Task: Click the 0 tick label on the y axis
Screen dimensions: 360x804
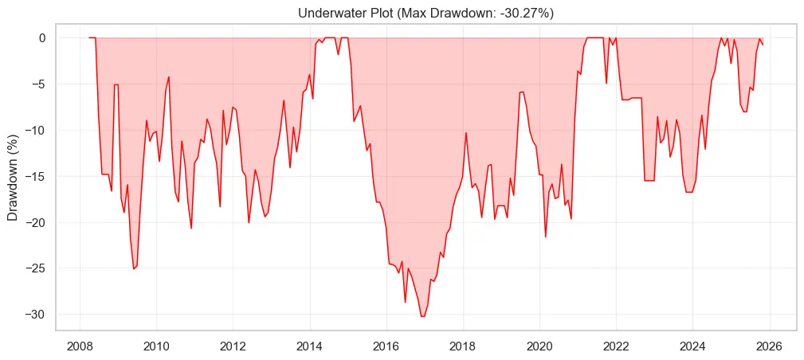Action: [43, 37]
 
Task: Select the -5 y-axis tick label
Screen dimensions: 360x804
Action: [39, 84]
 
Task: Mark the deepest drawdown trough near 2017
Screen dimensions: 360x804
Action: [422, 316]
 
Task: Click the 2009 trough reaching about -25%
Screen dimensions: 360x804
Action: [133, 268]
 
